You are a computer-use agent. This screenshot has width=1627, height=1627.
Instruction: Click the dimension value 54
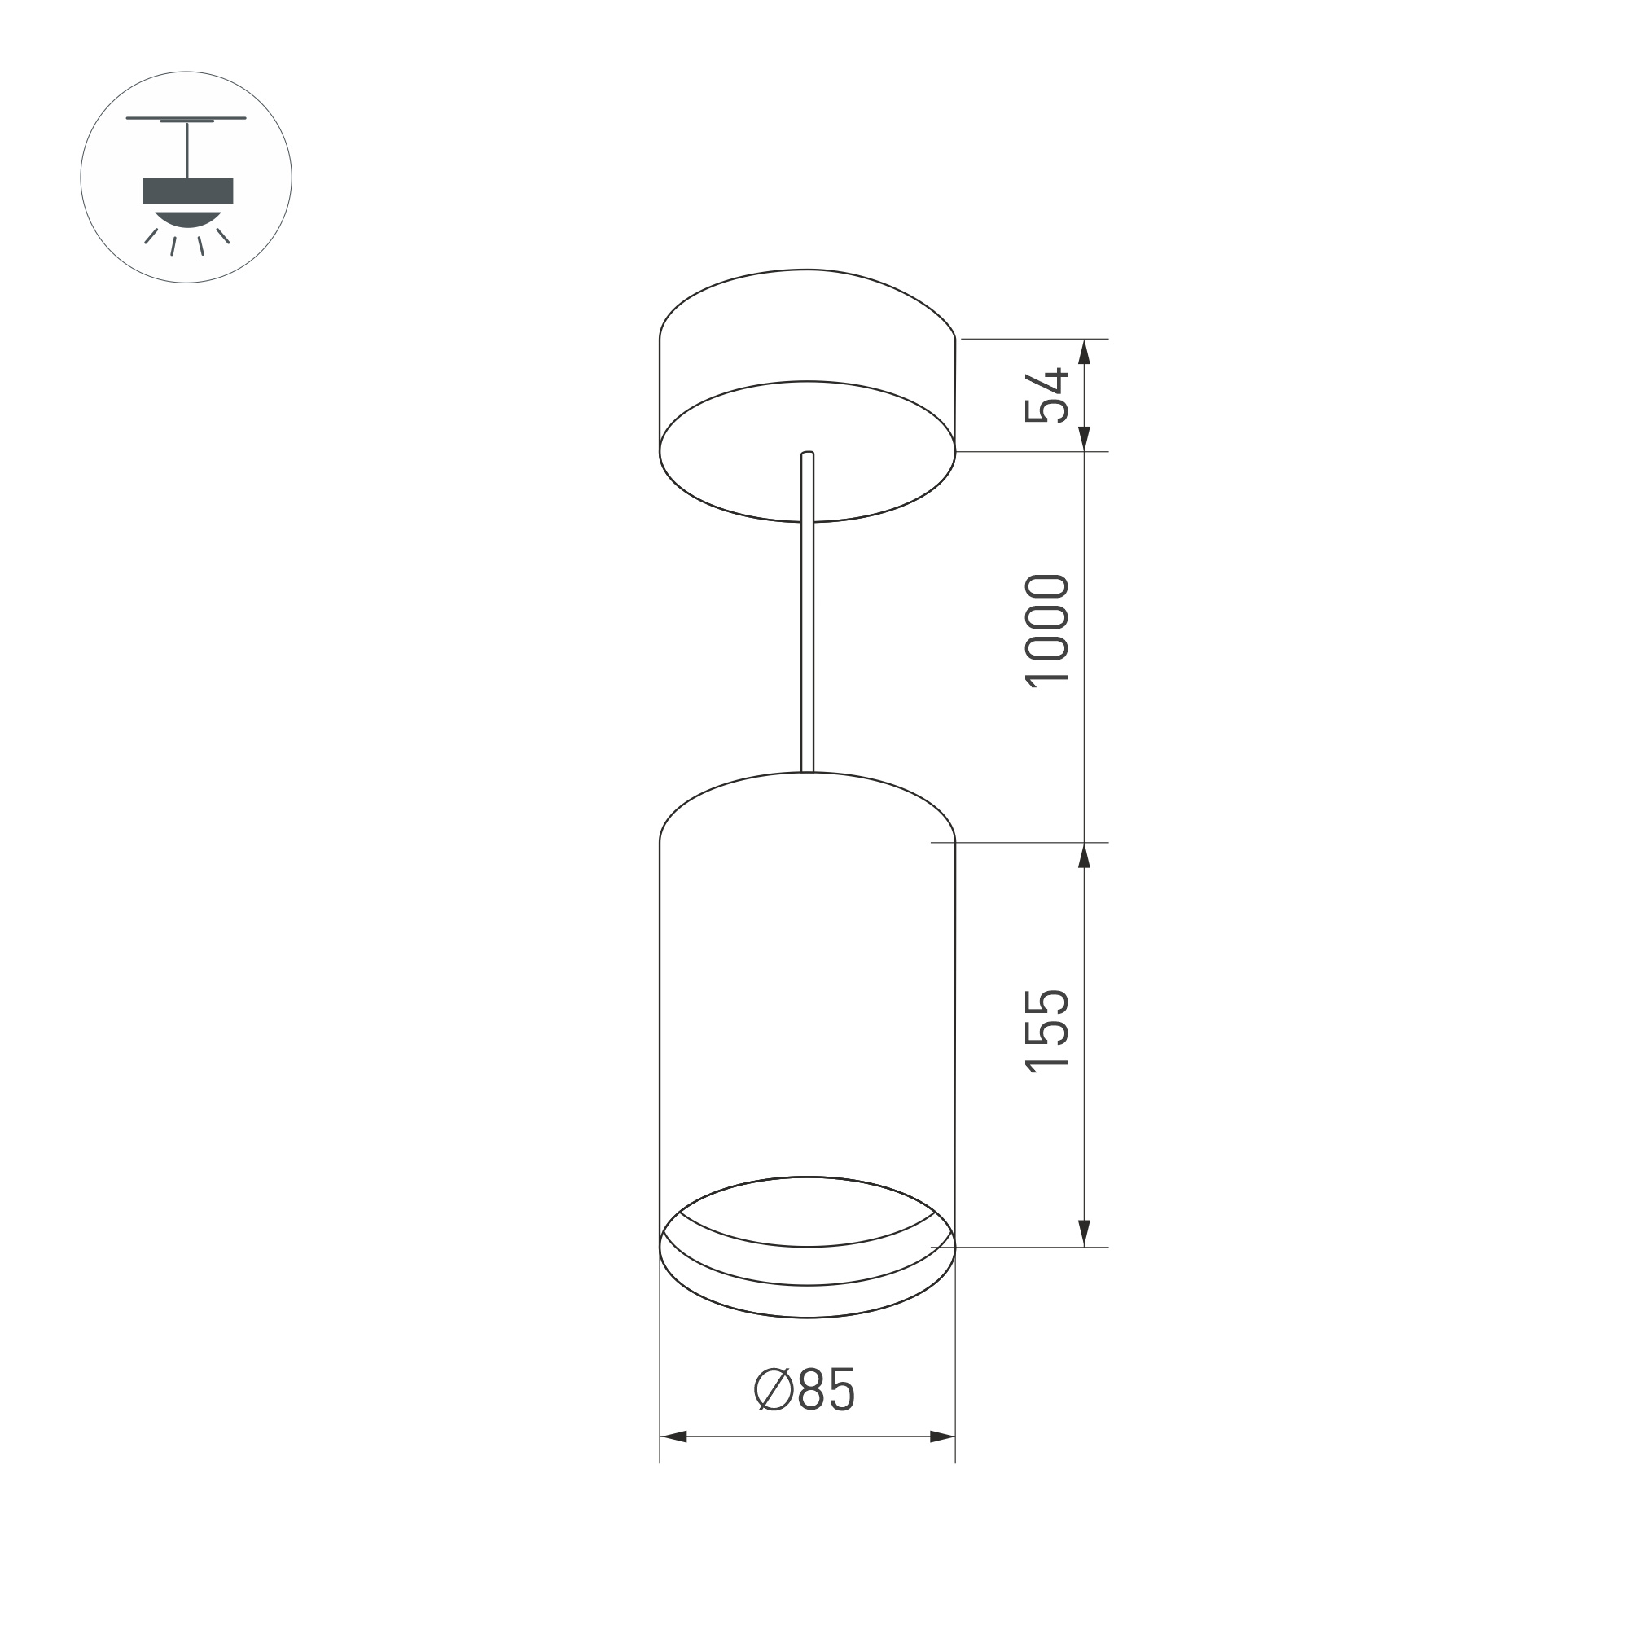(x=1046, y=396)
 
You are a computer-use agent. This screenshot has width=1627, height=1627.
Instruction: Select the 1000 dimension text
(x=1046, y=632)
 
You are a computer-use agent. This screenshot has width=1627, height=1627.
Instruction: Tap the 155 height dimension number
(x=1046, y=1031)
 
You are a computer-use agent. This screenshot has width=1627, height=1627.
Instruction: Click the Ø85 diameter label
(x=805, y=1389)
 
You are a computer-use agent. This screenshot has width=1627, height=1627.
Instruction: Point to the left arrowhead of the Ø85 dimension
(x=673, y=1436)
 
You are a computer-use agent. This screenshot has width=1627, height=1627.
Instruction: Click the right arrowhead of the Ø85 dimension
(x=941, y=1436)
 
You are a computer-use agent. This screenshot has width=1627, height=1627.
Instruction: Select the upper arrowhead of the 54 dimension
(x=1084, y=351)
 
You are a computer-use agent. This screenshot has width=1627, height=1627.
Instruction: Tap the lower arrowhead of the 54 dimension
(x=1084, y=439)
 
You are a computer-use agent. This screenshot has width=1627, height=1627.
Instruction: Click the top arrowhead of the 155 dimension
(x=1084, y=856)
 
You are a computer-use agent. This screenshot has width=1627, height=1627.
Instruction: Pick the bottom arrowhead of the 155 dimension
(x=1084, y=1233)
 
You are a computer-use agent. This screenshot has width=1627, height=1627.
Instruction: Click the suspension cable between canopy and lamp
(x=807, y=640)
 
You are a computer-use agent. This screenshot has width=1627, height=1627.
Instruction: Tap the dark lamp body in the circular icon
(x=188, y=191)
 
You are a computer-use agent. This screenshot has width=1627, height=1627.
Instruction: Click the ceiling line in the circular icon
(x=186, y=118)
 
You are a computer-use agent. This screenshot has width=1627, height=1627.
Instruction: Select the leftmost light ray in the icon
(x=151, y=236)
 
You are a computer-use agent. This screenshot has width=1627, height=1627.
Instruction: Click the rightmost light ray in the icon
(x=223, y=236)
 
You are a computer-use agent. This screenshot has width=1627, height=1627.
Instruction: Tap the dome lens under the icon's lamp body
(x=188, y=218)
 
